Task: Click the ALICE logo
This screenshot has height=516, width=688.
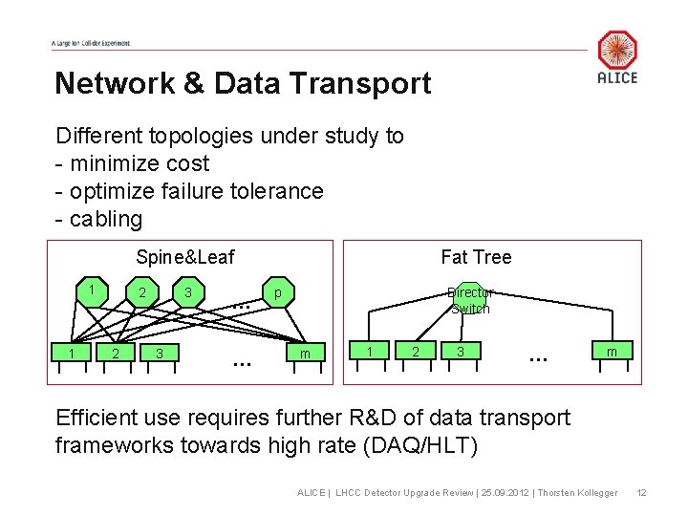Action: point(617,56)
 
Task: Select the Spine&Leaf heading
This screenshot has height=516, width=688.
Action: point(184,256)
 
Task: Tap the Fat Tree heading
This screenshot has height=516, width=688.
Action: point(476,256)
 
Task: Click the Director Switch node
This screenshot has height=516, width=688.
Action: point(470,299)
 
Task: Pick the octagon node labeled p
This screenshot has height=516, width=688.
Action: point(277,291)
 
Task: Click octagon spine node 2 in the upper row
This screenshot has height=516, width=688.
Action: point(141,291)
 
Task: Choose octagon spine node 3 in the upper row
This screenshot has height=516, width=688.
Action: point(189,291)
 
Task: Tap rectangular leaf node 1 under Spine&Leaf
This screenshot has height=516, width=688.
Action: point(71,355)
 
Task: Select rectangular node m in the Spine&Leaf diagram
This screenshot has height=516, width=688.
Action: point(305,355)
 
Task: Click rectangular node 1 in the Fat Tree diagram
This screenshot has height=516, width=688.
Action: point(370,353)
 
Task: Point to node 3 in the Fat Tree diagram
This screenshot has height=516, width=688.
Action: point(461,353)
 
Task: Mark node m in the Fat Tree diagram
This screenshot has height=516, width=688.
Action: point(612,353)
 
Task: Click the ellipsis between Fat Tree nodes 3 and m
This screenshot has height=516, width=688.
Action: point(538,357)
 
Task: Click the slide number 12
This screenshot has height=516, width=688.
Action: point(642,492)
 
